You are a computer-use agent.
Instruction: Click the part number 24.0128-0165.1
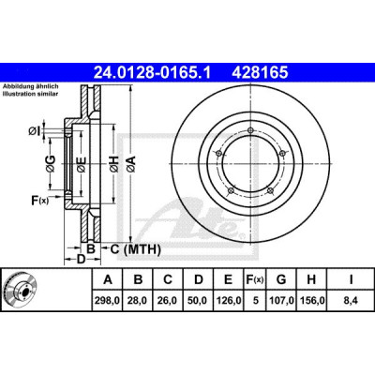pos(153,73)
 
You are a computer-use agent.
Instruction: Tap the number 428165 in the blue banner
pos(260,73)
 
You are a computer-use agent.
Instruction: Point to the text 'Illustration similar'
pos(30,94)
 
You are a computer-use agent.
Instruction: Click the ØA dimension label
pos(131,164)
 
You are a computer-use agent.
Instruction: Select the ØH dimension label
pos(114,164)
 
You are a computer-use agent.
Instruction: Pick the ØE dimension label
pos(82,164)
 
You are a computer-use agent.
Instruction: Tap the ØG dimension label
pos(51,164)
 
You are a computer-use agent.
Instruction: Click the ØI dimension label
pos(35,131)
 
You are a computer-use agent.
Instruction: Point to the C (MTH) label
pos(136,249)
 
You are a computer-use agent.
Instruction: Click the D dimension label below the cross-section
pos(82,259)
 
